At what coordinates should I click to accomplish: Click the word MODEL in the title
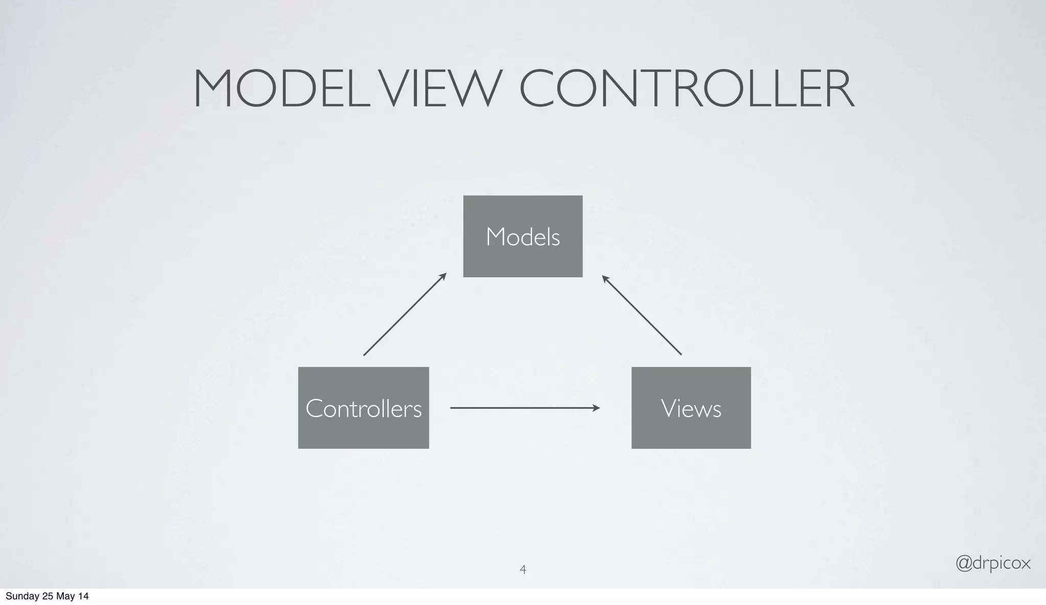point(281,89)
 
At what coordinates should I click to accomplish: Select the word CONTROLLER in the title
point(686,89)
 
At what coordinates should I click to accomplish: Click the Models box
point(522,236)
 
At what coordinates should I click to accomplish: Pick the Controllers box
point(363,408)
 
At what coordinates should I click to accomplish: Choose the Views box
point(691,408)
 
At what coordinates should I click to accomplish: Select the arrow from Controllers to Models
point(405,314)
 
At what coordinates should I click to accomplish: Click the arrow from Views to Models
point(641,315)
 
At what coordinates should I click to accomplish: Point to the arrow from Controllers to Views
point(525,408)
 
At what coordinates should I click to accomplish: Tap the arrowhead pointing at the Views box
point(596,408)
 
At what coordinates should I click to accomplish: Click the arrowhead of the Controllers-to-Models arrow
point(443,276)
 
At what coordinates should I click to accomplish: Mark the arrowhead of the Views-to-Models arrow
point(605,278)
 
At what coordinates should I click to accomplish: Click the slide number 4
point(522,569)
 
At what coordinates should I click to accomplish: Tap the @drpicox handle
point(992,563)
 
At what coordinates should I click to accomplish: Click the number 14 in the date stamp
point(83,596)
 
